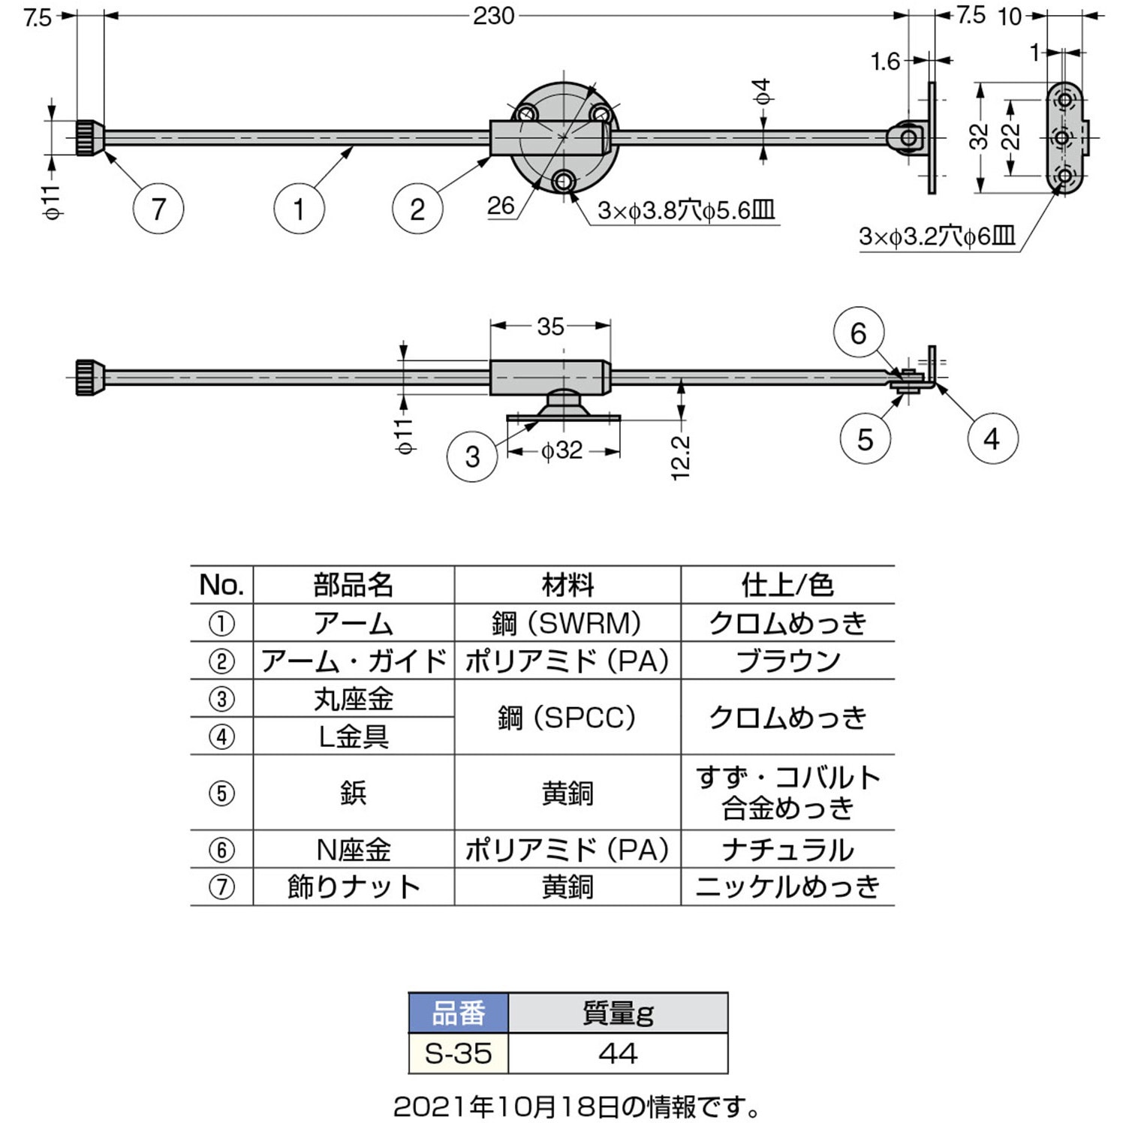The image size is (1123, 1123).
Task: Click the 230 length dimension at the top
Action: [493, 16]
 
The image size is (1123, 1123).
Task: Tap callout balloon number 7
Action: [158, 209]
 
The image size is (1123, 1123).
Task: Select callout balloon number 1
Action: [299, 209]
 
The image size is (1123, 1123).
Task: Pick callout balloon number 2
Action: [417, 209]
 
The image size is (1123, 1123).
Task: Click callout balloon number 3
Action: [472, 456]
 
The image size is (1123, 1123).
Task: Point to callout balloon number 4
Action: [992, 438]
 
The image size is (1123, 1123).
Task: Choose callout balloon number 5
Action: [865, 438]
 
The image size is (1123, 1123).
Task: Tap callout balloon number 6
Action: [858, 333]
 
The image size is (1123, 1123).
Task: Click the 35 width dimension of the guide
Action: [550, 327]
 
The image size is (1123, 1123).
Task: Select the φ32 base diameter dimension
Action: [562, 450]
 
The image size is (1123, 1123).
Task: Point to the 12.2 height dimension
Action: [680, 456]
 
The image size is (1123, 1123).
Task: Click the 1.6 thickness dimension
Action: [885, 62]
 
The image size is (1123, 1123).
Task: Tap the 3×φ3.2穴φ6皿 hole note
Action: [937, 237]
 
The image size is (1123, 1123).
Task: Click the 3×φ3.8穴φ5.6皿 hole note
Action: [685, 210]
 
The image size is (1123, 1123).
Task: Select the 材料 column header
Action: [568, 585]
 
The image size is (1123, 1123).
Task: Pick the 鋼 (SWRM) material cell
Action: [568, 623]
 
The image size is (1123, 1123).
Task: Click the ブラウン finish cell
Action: [787, 661]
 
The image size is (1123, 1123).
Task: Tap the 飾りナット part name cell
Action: [354, 887]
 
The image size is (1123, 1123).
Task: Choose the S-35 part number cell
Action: [458, 1053]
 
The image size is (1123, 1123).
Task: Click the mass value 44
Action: [618, 1053]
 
